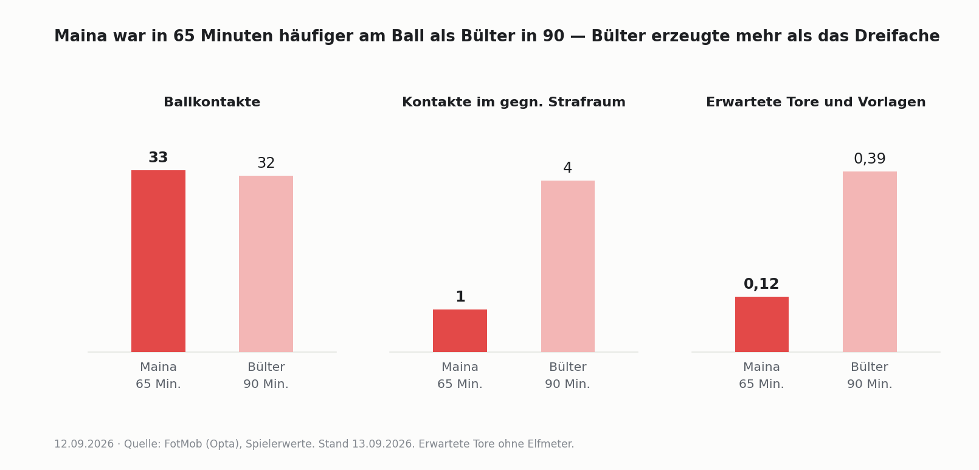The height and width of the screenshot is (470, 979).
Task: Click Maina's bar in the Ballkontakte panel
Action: (x=158, y=261)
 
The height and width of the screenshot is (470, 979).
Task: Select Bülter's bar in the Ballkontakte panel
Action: (x=266, y=264)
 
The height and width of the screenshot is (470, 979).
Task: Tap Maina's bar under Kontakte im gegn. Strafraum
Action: (x=460, y=331)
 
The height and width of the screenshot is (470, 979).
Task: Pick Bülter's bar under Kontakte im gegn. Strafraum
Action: (x=568, y=266)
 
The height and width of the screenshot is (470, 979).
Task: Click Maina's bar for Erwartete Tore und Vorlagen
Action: (x=762, y=325)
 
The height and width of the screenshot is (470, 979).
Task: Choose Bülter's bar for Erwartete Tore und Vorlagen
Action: (x=870, y=261)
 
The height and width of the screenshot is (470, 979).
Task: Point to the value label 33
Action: (x=158, y=157)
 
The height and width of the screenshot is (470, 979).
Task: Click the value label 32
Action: (x=266, y=163)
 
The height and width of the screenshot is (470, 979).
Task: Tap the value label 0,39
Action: (x=870, y=159)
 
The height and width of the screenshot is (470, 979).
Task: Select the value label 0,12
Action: (x=761, y=284)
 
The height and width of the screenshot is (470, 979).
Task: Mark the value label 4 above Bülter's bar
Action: (x=568, y=168)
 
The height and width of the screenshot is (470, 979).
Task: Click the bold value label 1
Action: (x=460, y=297)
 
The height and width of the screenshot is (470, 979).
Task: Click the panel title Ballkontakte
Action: (x=212, y=102)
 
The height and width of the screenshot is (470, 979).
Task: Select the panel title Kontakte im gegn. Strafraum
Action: (x=514, y=102)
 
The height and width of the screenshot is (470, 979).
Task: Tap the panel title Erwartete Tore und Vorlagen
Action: (x=816, y=102)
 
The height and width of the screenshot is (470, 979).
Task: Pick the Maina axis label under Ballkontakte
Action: (x=158, y=367)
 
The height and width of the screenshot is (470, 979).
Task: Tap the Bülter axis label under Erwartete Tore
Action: (x=870, y=367)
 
